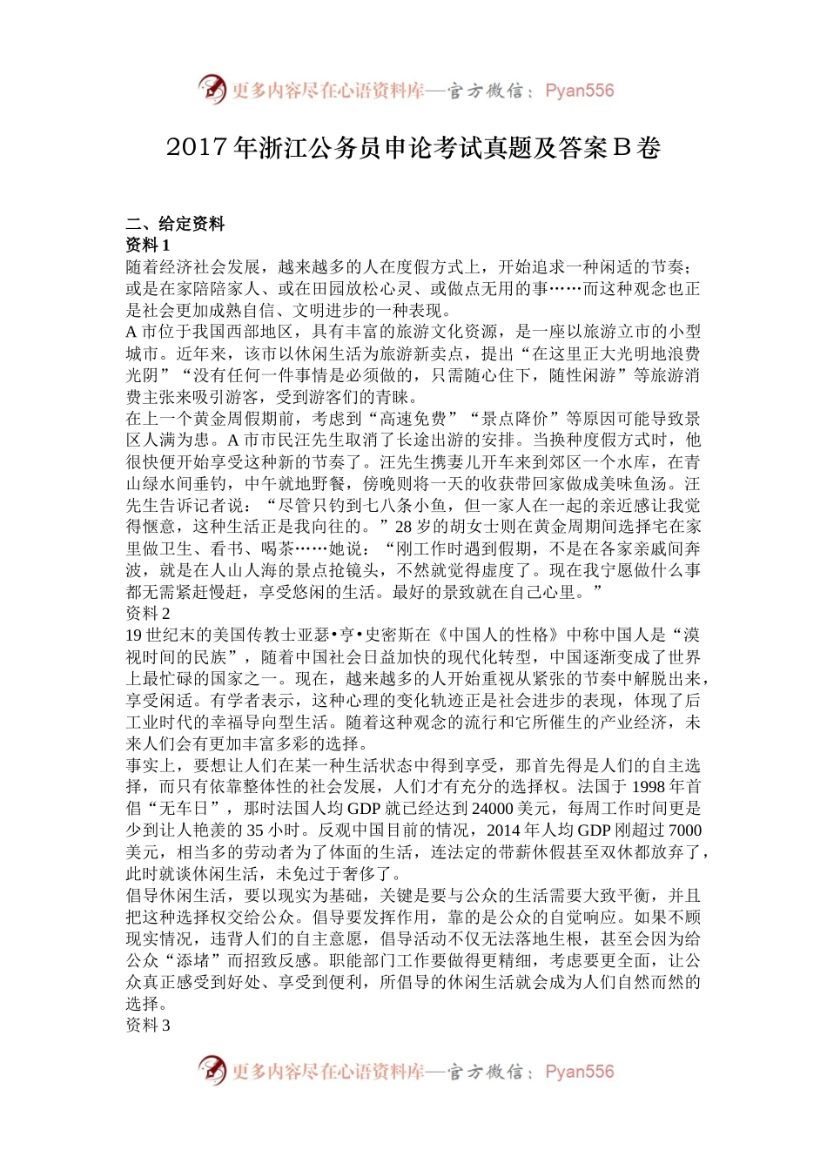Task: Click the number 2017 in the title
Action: (198, 149)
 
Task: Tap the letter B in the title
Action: (621, 149)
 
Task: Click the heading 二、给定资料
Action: (175, 224)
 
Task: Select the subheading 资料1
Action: (148, 245)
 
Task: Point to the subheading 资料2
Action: (148, 614)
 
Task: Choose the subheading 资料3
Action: (148, 1025)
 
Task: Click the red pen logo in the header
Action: (211, 89)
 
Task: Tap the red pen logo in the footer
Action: (211, 1070)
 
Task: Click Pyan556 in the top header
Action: (579, 91)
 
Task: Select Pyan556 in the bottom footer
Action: (579, 1072)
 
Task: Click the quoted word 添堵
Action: (192, 960)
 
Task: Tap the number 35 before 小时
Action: (255, 830)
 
